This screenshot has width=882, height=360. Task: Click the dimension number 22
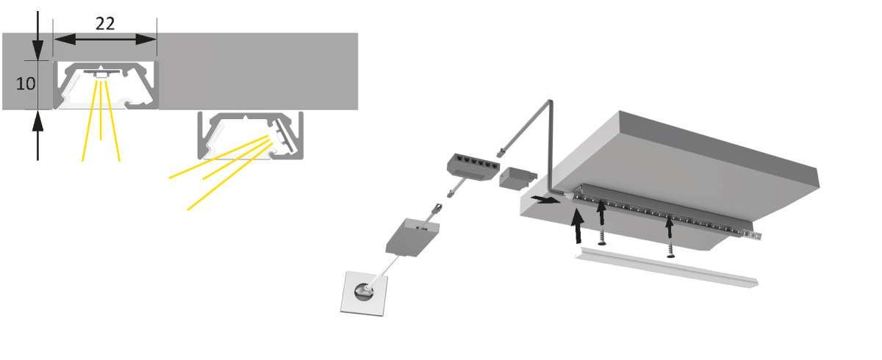(x=105, y=24)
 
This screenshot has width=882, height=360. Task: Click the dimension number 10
(x=26, y=84)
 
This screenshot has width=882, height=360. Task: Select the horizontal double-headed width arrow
(x=105, y=40)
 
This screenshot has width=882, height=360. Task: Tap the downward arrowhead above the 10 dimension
(x=37, y=50)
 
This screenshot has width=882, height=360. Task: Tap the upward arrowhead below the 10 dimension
(x=37, y=120)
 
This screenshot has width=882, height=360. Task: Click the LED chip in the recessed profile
(x=101, y=75)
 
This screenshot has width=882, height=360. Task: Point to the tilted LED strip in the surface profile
(x=284, y=135)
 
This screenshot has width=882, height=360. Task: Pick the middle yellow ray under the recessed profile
(x=101, y=110)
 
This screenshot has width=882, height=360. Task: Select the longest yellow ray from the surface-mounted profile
(x=229, y=176)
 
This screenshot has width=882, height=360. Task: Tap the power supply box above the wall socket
(x=412, y=237)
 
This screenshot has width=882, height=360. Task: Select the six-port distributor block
(x=473, y=166)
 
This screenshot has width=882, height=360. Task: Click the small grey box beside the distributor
(x=517, y=179)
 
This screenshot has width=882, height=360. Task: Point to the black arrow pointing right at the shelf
(x=545, y=200)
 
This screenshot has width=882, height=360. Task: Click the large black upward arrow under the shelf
(x=578, y=226)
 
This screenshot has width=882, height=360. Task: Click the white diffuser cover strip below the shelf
(x=666, y=267)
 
